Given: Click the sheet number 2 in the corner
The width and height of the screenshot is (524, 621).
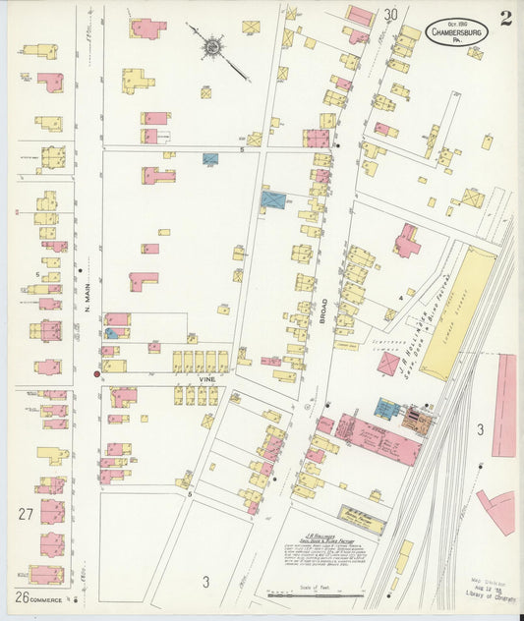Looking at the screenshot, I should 504,17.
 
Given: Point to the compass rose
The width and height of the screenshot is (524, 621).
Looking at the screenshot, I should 211,45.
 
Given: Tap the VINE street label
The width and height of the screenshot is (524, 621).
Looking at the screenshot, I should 204,376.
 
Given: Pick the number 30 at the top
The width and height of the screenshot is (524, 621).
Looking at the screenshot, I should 391,15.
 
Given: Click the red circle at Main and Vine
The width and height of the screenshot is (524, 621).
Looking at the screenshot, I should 96,373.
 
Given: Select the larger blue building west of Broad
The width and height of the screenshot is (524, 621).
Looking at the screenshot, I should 273,200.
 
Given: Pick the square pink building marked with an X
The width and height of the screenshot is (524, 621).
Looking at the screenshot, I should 388,364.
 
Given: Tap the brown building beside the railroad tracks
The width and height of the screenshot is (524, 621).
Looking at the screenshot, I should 417,420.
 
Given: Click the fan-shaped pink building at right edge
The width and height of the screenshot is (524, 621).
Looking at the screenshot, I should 497,509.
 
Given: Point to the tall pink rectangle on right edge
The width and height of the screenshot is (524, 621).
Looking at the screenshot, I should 504,406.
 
